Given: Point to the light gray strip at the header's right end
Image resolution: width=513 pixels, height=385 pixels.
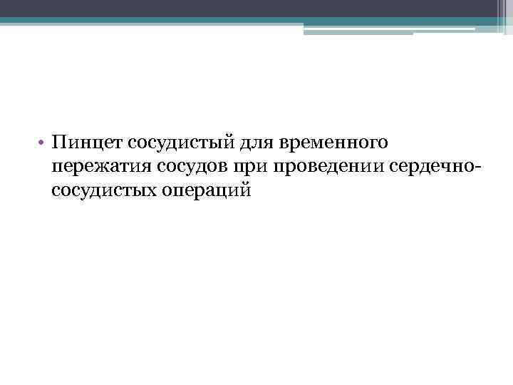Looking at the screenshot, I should [x=503, y=18].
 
